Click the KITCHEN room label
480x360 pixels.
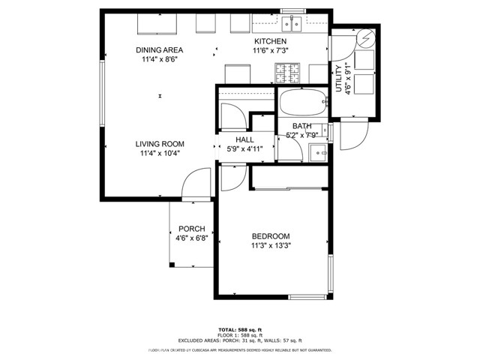click(x=271, y=41)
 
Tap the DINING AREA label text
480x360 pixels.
click(x=160, y=50)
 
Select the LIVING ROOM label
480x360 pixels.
click(x=160, y=144)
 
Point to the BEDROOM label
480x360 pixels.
click(x=271, y=236)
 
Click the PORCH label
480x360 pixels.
click(x=191, y=229)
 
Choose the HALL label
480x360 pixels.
click(x=244, y=139)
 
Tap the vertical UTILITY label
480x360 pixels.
click(x=338, y=78)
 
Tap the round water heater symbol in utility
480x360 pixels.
click(x=366, y=37)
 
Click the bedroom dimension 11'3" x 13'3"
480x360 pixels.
click(x=271, y=245)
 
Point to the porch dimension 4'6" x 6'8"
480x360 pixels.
click(x=191, y=238)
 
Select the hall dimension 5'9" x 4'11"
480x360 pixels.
click(x=244, y=148)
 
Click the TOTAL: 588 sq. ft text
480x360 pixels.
click(x=239, y=329)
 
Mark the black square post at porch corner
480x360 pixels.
click(x=172, y=265)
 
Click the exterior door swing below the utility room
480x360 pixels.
click(x=352, y=134)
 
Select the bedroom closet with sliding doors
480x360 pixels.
click(x=289, y=176)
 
